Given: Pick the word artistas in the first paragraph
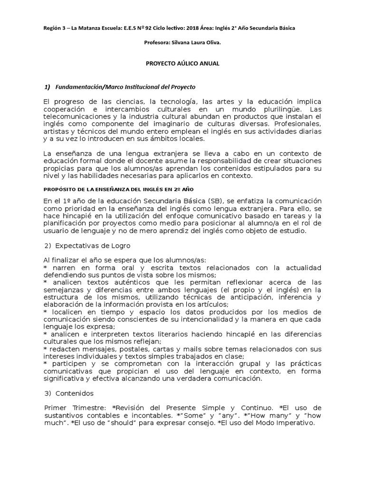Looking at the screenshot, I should [57, 132].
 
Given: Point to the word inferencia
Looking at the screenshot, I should [296, 297].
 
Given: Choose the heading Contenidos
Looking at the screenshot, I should [74, 393].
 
